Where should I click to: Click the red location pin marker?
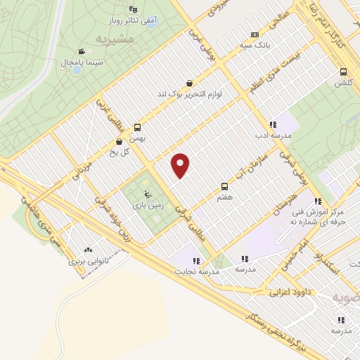181,165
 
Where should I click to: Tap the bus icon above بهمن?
137,128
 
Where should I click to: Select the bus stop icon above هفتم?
225,186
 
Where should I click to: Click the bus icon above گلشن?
343,72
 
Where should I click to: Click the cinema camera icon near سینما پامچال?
82,51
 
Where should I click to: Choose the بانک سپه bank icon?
255,34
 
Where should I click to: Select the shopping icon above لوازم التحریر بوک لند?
189,84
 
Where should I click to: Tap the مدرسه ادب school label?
271,136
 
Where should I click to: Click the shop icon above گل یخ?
117,141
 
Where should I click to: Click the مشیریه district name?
115,37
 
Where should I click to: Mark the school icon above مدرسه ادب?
272,124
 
